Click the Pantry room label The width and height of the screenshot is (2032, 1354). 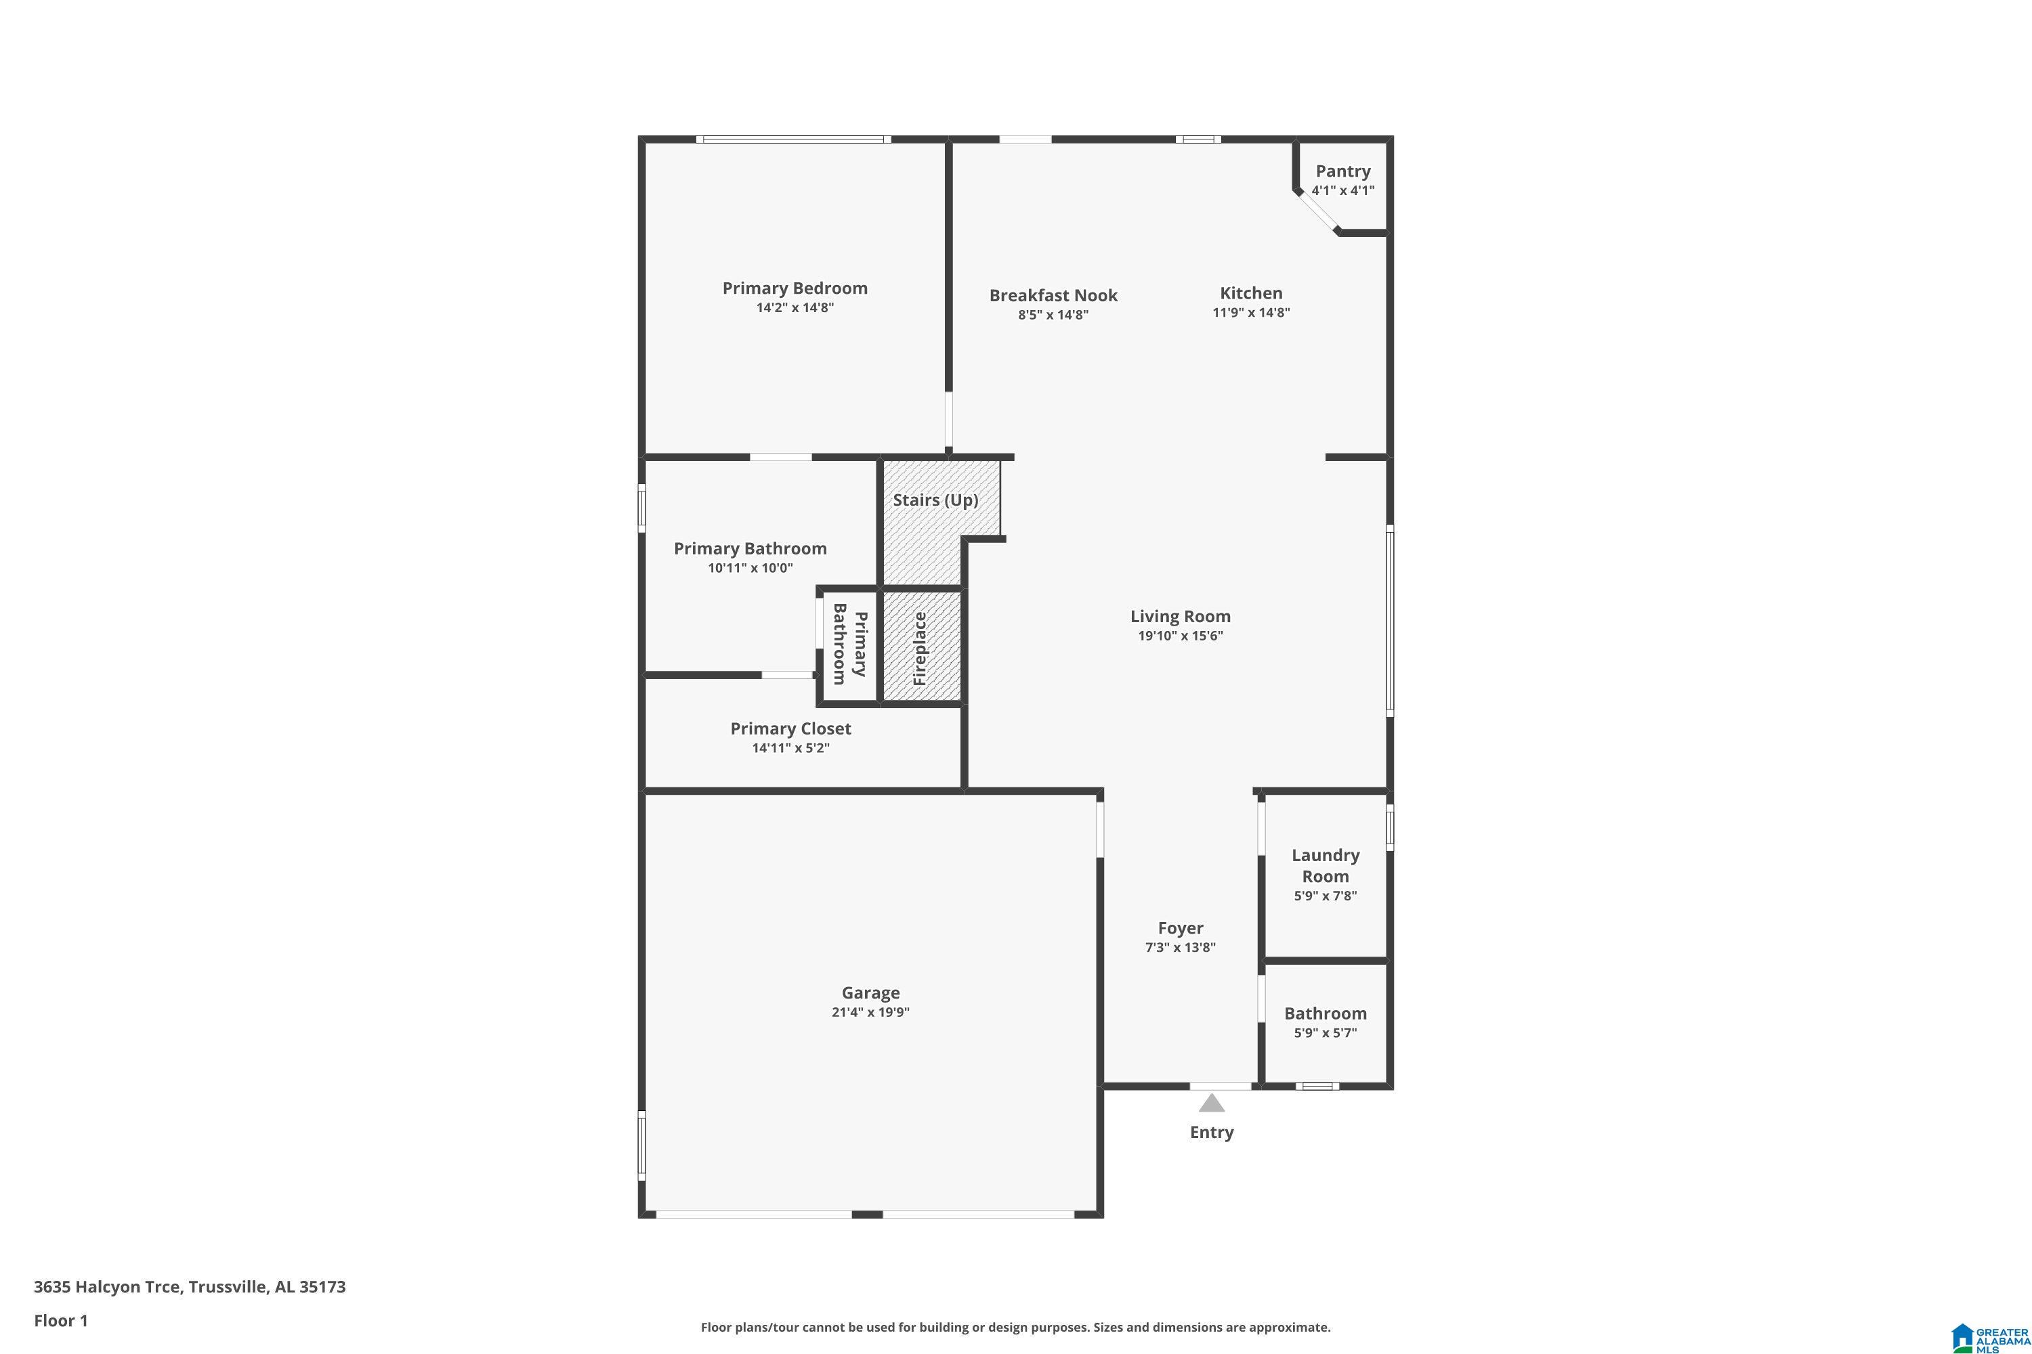point(1342,171)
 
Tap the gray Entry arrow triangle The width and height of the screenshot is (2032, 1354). point(1211,1104)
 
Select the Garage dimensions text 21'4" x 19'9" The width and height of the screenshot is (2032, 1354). point(870,1012)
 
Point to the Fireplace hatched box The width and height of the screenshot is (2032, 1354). point(921,647)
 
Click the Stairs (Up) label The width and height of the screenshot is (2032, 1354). point(935,500)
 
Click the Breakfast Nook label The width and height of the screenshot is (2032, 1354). point(1053,295)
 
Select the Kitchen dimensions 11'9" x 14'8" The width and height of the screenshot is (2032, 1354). point(1250,313)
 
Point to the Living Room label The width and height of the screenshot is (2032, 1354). point(1180,617)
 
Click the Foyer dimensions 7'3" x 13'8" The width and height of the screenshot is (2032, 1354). point(1180,947)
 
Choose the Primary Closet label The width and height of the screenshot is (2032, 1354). point(790,729)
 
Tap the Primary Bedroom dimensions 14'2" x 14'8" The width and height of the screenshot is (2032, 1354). point(794,307)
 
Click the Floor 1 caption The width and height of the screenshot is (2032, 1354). point(60,1320)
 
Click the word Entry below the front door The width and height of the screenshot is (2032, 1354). point(1211,1132)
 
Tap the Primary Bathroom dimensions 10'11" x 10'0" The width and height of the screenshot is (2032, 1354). point(750,568)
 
